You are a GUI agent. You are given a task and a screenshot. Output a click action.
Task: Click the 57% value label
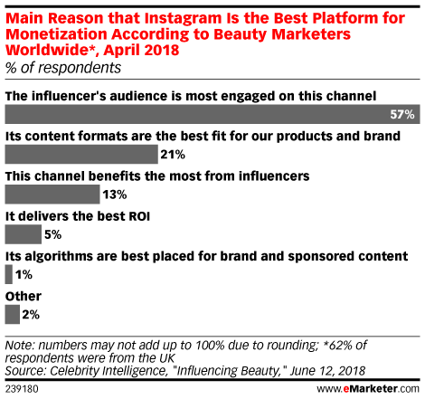pyautogui.click(x=402, y=115)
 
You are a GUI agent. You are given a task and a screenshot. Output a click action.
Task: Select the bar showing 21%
pyautogui.click(x=81, y=154)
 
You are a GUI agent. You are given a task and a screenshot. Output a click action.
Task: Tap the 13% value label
pyautogui.click(x=115, y=195)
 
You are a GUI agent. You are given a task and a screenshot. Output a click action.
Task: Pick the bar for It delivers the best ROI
pyautogui.click(x=24, y=234)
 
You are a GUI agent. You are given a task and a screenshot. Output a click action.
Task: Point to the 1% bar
pyautogui.click(x=9, y=274)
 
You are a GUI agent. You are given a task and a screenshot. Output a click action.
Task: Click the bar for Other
pyautogui.click(x=13, y=315)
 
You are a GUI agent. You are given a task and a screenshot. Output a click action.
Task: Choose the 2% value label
pyautogui.click(x=31, y=315)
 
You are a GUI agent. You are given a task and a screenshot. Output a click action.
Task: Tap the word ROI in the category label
pyautogui.click(x=139, y=216)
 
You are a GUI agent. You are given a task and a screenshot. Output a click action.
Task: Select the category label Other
pyautogui.click(x=24, y=296)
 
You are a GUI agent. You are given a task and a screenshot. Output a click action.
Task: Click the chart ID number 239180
pyautogui.click(x=22, y=389)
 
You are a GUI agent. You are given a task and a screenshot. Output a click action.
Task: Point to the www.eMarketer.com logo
pyautogui.click(x=368, y=388)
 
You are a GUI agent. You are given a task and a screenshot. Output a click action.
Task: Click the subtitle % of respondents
pyautogui.click(x=63, y=68)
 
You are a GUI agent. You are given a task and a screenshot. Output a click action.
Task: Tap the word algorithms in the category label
pyautogui.click(x=59, y=256)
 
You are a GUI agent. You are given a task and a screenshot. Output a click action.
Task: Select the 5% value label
pyautogui.click(x=52, y=234)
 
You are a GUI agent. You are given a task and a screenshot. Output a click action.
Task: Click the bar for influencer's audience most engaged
pyautogui.click(x=212, y=114)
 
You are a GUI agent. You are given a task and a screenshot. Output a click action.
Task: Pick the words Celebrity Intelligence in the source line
pyautogui.click(x=109, y=371)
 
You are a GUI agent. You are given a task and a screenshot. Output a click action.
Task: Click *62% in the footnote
pyautogui.click(x=337, y=345)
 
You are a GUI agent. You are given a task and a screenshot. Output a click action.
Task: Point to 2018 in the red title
pyautogui.click(x=162, y=50)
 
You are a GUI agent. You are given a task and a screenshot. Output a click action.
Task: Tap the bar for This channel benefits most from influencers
pyautogui.click(x=52, y=195)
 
